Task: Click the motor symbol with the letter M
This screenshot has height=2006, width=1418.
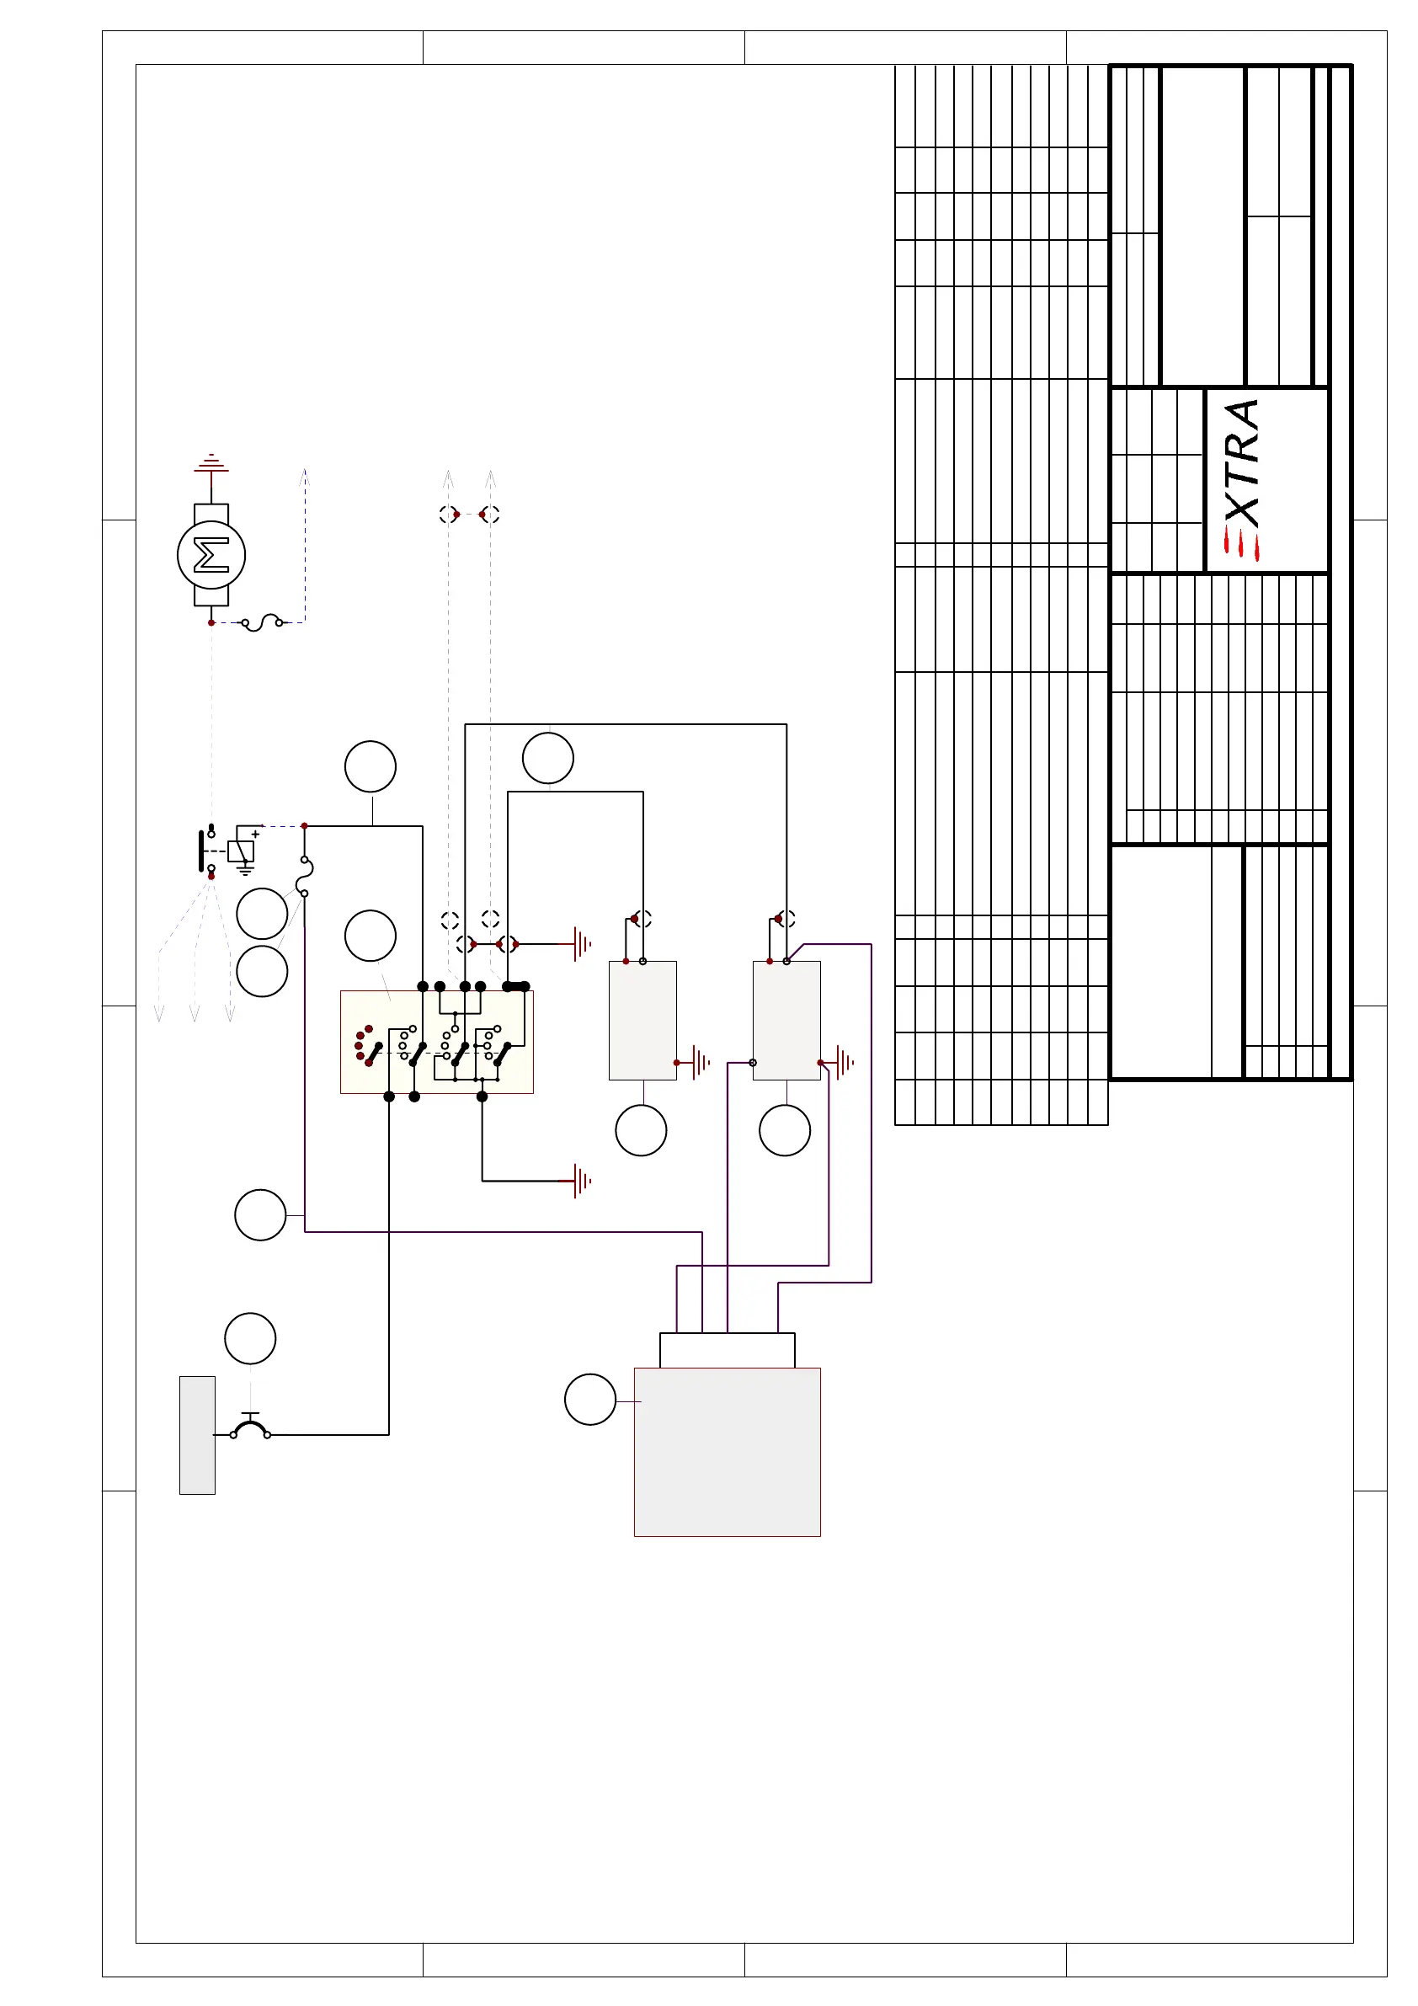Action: pyautogui.click(x=211, y=555)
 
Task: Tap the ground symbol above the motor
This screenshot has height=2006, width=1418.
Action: pyautogui.click(x=211, y=464)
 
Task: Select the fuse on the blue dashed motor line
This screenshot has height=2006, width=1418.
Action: pyautogui.click(x=261, y=622)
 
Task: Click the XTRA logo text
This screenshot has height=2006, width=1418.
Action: pyautogui.click(x=1241, y=463)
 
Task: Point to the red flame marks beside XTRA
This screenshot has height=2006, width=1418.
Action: pyautogui.click(x=1240, y=544)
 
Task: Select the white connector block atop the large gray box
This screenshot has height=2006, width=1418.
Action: pyautogui.click(x=727, y=1350)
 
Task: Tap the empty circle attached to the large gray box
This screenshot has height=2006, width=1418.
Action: pyautogui.click(x=589, y=1399)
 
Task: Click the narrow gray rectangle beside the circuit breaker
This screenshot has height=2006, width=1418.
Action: pyautogui.click(x=197, y=1435)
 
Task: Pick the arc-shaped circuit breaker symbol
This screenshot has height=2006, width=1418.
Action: pyautogui.click(x=250, y=1429)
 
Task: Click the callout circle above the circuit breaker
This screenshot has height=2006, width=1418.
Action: pyautogui.click(x=250, y=1337)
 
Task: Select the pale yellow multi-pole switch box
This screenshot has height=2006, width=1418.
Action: pyautogui.click(x=436, y=1042)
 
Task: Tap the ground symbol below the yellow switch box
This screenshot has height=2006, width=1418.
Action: pyautogui.click(x=580, y=1182)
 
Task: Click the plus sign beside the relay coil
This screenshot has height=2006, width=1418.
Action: pyautogui.click(x=255, y=835)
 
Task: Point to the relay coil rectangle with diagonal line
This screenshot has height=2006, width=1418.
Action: pyautogui.click(x=240, y=851)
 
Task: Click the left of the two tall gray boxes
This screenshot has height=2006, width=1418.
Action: pyautogui.click(x=642, y=1021)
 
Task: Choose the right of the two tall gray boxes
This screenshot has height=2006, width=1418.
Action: pyautogui.click(x=786, y=1021)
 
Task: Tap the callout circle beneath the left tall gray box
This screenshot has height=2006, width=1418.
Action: pyautogui.click(x=641, y=1130)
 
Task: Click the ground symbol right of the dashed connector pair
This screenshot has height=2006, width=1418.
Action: pyautogui.click(x=581, y=943)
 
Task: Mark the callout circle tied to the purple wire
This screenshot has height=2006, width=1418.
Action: pyautogui.click(x=260, y=1214)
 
